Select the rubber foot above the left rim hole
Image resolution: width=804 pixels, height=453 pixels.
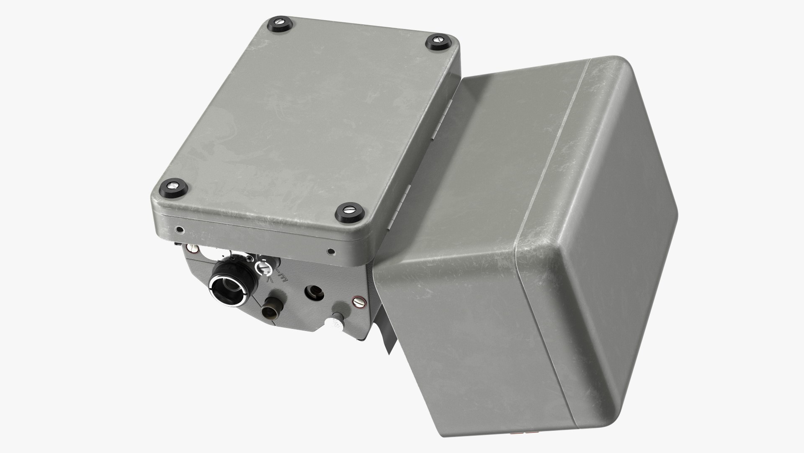(173, 186)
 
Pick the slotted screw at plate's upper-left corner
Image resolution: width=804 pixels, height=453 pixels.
(193, 249)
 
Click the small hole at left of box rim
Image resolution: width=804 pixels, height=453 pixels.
(179, 230)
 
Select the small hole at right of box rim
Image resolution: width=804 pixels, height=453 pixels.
(331, 252)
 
